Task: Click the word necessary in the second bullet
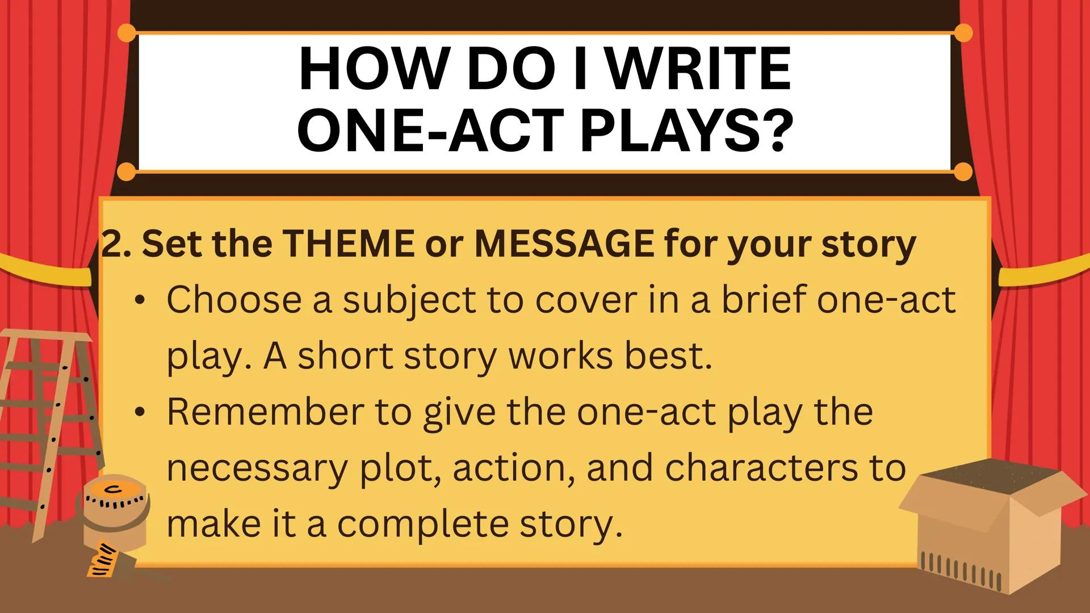(255, 468)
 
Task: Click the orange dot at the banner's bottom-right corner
(963, 171)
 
